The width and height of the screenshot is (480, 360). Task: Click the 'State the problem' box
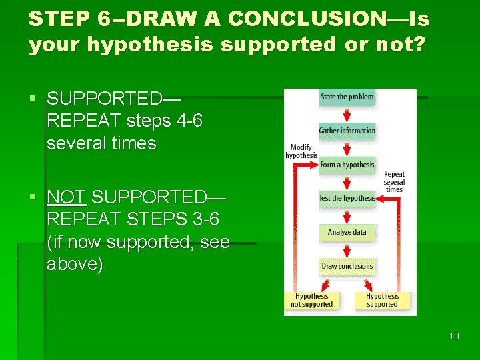[347, 97]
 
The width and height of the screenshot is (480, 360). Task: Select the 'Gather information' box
[347, 131]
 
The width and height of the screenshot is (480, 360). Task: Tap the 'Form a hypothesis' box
[347, 165]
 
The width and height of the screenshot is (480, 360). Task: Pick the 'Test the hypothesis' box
[347, 198]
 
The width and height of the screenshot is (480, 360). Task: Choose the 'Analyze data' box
[347, 232]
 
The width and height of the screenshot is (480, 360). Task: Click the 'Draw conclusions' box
[347, 266]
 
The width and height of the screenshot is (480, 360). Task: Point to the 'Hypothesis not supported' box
[311, 300]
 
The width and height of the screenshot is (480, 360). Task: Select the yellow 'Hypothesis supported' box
[382, 300]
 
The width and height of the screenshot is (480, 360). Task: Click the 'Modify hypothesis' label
[301, 151]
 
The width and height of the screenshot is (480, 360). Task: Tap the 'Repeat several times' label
[394, 181]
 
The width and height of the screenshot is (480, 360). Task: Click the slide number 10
[454, 336]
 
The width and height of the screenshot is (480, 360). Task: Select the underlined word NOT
[67, 197]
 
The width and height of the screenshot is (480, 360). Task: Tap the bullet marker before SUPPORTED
[33, 99]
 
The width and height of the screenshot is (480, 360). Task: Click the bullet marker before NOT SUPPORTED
[33, 197]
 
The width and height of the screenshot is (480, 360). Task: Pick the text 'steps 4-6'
[161, 121]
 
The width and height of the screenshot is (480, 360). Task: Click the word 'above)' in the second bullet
[75, 265]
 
